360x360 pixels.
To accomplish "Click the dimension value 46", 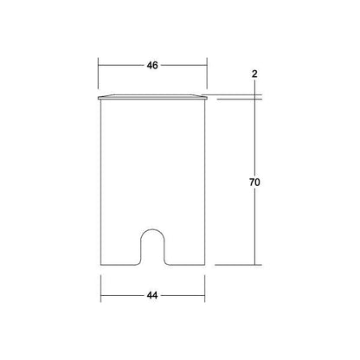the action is [x=152, y=66].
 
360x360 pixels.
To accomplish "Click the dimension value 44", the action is [x=152, y=296].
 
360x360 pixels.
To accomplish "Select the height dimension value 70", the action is [x=254, y=183].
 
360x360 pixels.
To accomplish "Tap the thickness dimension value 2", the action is [x=254, y=74].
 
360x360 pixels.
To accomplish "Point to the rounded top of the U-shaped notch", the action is [x=152, y=229].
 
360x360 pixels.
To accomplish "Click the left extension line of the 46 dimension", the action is [x=99, y=74].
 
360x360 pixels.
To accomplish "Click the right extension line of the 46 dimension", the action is [x=207, y=74].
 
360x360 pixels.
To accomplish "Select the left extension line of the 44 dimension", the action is [x=100, y=288].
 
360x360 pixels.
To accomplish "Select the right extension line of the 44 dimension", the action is [x=205, y=288].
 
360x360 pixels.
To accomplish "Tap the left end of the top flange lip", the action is [x=99, y=98].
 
